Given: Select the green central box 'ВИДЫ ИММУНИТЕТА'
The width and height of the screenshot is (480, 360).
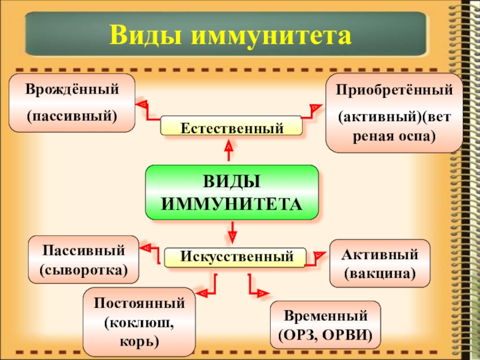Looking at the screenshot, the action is click(232, 191).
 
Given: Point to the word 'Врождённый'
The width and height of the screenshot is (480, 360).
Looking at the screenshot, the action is click(72, 89).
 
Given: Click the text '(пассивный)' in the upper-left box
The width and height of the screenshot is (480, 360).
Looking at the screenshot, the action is click(72, 113).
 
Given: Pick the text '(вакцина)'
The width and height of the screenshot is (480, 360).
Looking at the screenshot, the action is click(379, 272).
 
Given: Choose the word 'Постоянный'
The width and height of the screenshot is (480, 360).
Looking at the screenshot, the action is click(139, 303).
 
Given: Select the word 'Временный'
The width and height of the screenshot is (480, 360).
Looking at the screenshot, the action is click(325, 315).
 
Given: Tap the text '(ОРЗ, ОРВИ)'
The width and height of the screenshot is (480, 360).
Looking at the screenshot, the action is click(325, 334).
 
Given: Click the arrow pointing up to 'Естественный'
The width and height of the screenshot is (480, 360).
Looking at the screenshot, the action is click(229, 146).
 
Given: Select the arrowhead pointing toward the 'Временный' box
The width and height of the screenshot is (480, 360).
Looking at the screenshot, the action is click(262, 293).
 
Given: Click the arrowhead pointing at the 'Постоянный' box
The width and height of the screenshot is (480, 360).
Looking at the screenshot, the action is click(202, 293).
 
